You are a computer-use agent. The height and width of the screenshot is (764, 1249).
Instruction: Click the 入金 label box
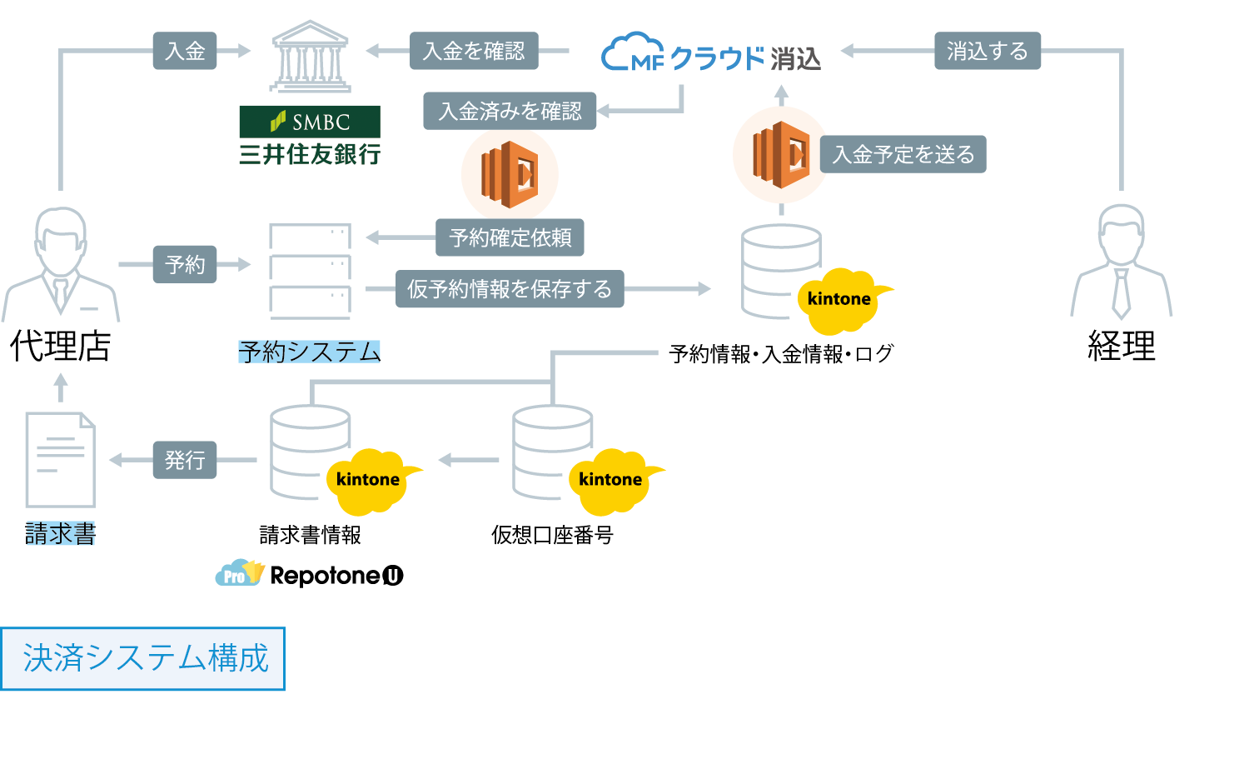(x=185, y=51)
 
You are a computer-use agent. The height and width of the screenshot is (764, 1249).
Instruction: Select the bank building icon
(x=310, y=56)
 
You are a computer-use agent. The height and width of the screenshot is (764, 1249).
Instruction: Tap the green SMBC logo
(x=310, y=122)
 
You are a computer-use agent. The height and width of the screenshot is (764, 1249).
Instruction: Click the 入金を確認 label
(x=474, y=51)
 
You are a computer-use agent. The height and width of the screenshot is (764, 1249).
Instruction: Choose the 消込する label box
(x=987, y=51)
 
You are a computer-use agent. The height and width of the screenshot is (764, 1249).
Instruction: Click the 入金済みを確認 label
(x=510, y=111)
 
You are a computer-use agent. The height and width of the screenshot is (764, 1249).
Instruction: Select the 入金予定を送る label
(x=903, y=154)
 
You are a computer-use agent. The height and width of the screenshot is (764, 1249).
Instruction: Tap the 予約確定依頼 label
(x=510, y=238)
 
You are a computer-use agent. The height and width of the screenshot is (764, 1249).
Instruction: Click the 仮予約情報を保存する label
(x=510, y=289)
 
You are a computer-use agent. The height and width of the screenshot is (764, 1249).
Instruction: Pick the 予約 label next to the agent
(x=185, y=264)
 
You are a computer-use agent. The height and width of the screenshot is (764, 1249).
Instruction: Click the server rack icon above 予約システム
(x=310, y=272)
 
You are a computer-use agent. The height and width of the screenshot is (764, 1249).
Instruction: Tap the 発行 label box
(x=185, y=460)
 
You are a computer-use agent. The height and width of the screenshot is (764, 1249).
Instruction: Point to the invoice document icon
(x=60, y=460)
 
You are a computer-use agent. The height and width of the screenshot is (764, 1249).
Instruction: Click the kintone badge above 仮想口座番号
(x=612, y=480)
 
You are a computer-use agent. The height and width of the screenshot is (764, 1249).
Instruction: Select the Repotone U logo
(x=310, y=575)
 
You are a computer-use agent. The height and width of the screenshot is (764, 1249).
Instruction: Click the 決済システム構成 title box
(x=143, y=658)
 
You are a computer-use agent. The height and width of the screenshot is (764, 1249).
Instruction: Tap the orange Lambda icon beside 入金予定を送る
(x=780, y=154)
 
